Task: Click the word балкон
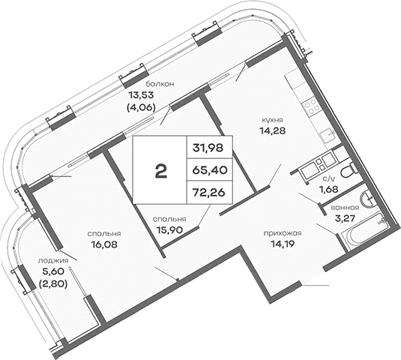160,84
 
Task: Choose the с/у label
328,178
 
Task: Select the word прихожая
282,232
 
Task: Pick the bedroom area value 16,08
106,243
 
